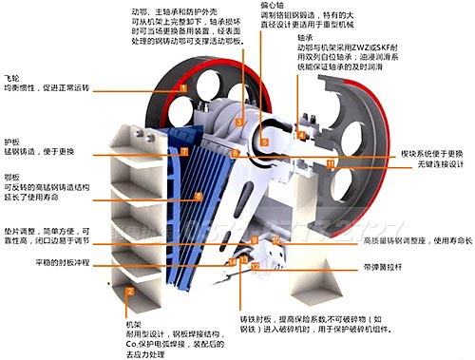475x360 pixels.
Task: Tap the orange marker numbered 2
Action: (129, 292)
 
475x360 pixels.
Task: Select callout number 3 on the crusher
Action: (241, 122)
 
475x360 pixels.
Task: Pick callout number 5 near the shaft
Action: (265, 142)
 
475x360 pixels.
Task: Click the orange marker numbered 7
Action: (184, 151)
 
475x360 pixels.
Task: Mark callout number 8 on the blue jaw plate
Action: (198, 197)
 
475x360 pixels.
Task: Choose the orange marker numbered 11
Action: (330, 163)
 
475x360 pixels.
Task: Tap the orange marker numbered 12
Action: (255, 268)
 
